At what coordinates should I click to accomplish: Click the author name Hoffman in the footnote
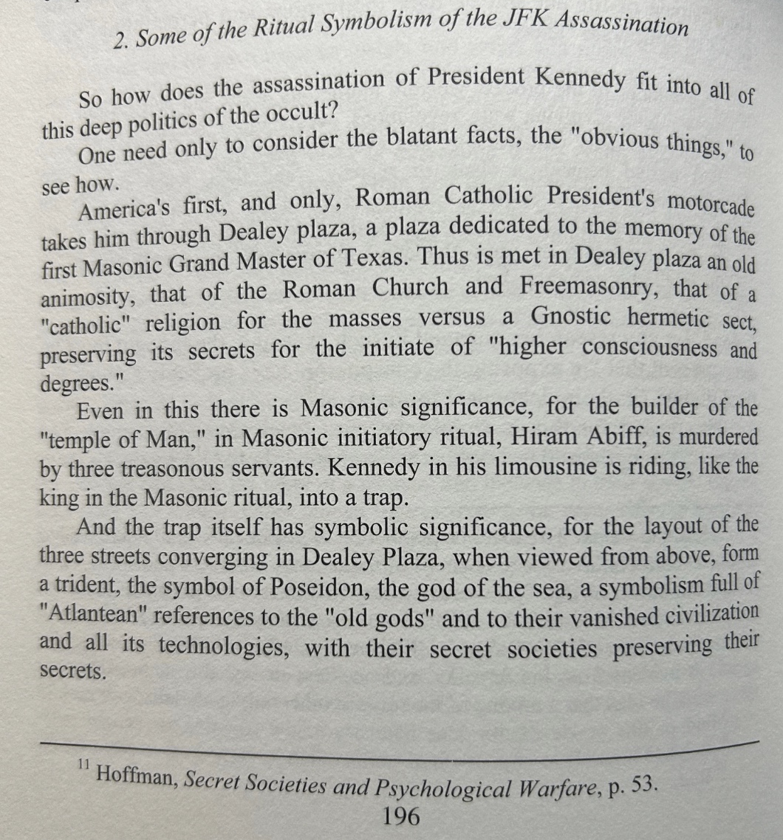[136, 774]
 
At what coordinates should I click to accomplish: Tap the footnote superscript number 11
[82, 765]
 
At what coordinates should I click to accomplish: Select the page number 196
[401, 816]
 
